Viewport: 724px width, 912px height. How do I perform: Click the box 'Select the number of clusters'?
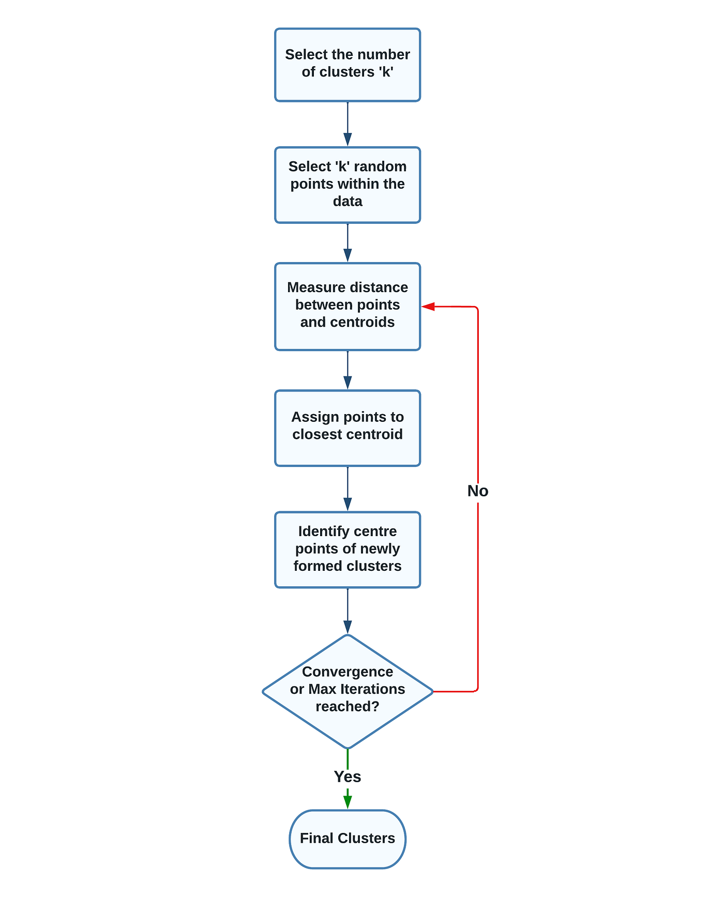pyautogui.click(x=347, y=65)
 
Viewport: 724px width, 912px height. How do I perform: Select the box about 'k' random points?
pyautogui.click(x=347, y=185)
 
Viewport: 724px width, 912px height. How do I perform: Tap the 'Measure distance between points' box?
pyautogui.click(x=347, y=306)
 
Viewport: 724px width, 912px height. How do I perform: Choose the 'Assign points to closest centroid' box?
pyautogui.click(x=347, y=428)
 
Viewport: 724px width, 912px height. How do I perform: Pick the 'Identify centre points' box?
pyautogui.click(x=347, y=549)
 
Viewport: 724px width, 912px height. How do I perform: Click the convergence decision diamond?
pyautogui.click(x=347, y=691)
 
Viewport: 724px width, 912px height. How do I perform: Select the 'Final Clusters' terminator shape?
pyautogui.click(x=347, y=839)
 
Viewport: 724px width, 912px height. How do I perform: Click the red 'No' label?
pyautogui.click(x=477, y=491)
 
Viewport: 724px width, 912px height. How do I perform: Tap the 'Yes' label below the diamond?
pyautogui.click(x=347, y=777)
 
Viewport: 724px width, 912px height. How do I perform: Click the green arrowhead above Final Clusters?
pyautogui.click(x=348, y=801)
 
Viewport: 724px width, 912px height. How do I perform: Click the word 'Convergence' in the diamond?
pyautogui.click(x=347, y=672)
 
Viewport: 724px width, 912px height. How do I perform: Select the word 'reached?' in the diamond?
pyautogui.click(x=347, y=706)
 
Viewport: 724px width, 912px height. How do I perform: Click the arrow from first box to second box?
pyautogui.click(x=348, y=124)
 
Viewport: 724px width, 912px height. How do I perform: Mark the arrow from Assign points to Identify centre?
pyautogui.click(x=348, y=489)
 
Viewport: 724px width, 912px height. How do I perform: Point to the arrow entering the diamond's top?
pyautogui.click(x=348, y=611)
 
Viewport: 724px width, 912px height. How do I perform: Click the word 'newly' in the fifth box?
pyautogui.click(x=380, y=549)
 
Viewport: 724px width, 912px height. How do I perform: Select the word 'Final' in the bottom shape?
pyautogui.click(x=316, y=838)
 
